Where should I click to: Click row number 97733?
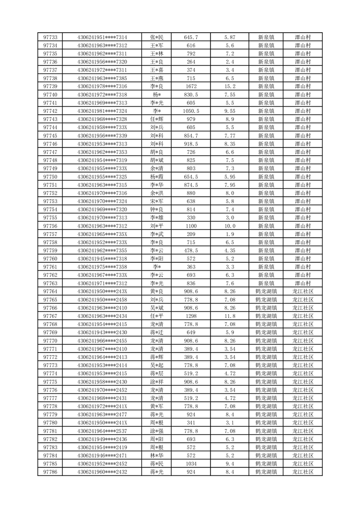[50, 37]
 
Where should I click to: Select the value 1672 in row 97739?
[191, 86]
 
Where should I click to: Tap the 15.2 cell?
[229, 86]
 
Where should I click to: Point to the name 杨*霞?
[157, 176]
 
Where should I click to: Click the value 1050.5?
[191, 111]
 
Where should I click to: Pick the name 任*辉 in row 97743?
[157, 119]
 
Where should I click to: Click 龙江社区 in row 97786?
[302, 472]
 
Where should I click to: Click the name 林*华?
[157, 455]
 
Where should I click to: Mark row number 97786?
[50, 472]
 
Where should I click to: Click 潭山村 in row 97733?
[302, 37]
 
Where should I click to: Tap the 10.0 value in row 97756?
[229, 226]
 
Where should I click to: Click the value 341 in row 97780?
[191, 423]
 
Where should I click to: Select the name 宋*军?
[157, 201]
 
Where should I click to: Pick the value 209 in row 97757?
[191, 234]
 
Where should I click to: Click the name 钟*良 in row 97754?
[157, 209]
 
